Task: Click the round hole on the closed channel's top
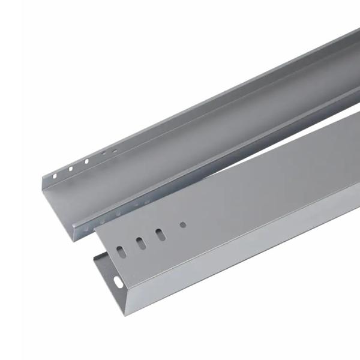(183, 226)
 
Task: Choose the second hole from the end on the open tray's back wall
(70, 169)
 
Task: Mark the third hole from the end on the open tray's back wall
(87, 161)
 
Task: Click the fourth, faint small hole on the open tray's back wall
(103, 154)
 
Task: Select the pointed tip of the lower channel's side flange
(94, 255)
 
